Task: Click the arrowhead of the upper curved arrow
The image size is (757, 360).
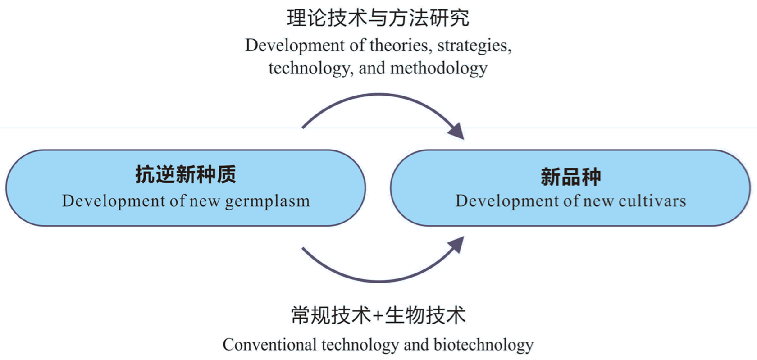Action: tap(457, 131)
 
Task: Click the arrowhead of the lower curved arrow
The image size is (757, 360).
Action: tap(457, 245)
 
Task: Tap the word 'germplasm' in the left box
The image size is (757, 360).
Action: tap(267, 201)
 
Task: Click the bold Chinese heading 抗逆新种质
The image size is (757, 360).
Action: tap(186, 175)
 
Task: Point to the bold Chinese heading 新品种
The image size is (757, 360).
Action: tap(570, 177)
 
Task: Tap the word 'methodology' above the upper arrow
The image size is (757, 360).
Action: tap(438, 68)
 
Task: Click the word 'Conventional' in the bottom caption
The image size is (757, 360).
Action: tap(269, 345)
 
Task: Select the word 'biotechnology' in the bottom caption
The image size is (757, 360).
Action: tap(483, 345)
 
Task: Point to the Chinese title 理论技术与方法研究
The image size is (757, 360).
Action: tap(378, 18)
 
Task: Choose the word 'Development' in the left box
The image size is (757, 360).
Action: tap(114, 201)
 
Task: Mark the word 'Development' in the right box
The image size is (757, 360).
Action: tap(507, 201)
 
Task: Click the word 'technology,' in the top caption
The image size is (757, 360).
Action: tap(309, 68)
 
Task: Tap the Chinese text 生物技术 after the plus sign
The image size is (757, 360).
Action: tap(425, 315)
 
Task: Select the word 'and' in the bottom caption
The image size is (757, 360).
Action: tap(416, 345)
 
